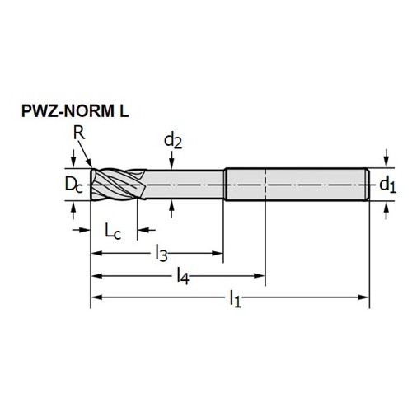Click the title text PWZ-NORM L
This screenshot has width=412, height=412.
pyautogui.click(x=75, y=111)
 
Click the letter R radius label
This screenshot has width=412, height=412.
pyautogui.click(x=79, y=133)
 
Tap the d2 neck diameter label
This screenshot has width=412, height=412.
pyautogui.click(x=173, y=141)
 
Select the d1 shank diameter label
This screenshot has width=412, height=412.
pyautogui.click(x=387, y=185)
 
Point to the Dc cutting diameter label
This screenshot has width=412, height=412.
pyautogui.click(x=73, y=185)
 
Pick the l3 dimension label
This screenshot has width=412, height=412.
pyautogui.click(x=162, y=254)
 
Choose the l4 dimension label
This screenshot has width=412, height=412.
pyautogui.click(x=183, y=276)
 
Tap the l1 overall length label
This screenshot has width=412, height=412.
pyautogui.click(x=236, y=298)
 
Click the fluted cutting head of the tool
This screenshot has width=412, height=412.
pyautogui.click(x=118, y=185)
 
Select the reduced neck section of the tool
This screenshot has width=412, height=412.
pyautogui.click(x=184, y=185)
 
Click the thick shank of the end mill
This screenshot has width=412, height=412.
pyautogui.click(x=297, y=185)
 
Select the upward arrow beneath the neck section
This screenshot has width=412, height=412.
pyautogui.click(x=171, y=208)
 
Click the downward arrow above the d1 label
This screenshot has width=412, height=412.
pyautogui.click(x=386, y=158)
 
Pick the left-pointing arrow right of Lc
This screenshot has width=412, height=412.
pyautogui.click(x=147, y=230)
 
